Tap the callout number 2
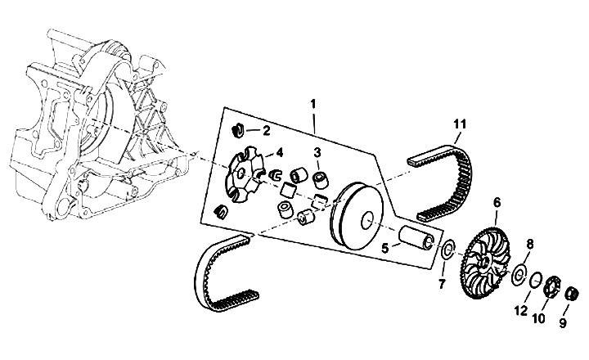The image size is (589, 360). coord(266,130)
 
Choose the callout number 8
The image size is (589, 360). coord(529,244)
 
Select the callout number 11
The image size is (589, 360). coord(461,124)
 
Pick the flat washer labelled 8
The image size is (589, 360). coord(519,274)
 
